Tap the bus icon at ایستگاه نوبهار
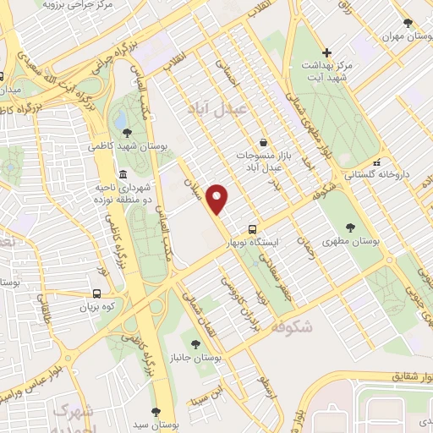[x=252, y=229]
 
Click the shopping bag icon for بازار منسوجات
[x=266, y=143]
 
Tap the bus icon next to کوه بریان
[x=97, y=294]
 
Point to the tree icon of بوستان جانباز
[x=196, y=343]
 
